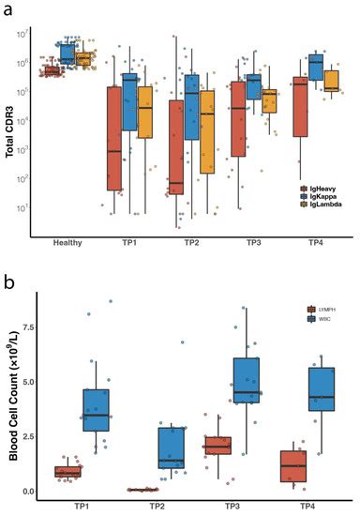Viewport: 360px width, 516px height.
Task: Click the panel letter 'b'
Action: click(x=7, y=279)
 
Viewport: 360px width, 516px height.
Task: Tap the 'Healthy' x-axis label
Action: click(x=67, y=243)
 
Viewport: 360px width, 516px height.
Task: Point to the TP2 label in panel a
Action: click(x=189, y=243)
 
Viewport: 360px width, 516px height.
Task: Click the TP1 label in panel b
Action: click(x=82, y=506)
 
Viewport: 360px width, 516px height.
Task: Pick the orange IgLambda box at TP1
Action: click(x=144, y=113)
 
